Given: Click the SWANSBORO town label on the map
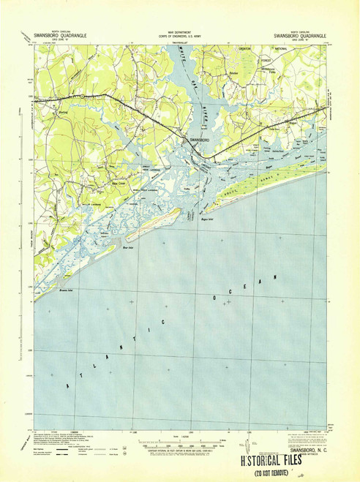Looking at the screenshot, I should point(199,140).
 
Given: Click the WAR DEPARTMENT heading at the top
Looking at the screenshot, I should point(179,33).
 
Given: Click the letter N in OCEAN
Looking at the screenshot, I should point(277,276).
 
